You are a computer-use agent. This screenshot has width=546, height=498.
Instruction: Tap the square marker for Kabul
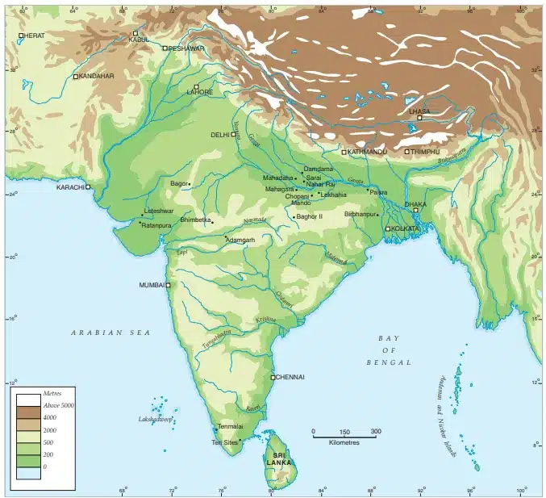click(135, 33)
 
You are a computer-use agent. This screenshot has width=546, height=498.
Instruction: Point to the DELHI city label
click(220, 135)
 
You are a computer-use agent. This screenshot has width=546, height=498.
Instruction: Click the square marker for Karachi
click(89, 186)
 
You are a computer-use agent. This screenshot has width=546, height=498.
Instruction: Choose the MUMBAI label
click(152, 285)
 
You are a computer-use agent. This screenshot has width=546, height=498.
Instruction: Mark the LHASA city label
click(419, 111)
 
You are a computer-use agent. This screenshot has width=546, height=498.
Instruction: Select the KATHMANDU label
click(368, 151)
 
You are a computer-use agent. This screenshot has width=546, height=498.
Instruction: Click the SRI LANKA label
click(279, 459)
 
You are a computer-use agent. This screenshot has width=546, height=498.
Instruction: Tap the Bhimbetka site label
click(195, 219)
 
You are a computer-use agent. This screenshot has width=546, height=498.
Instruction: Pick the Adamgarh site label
click(240, 240)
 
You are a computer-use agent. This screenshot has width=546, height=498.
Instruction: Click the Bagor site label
click(178, 183)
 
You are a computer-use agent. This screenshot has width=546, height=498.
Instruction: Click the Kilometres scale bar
click(344, 433)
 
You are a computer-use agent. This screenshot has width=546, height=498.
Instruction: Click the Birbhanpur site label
click(361, 214)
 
